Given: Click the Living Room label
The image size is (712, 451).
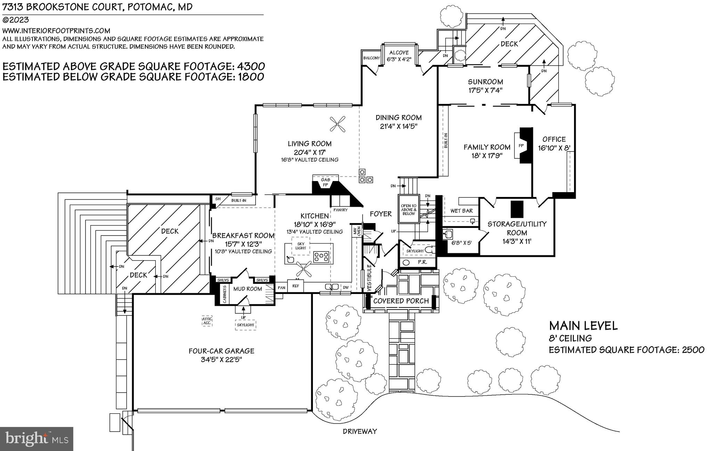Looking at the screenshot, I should point(309,143).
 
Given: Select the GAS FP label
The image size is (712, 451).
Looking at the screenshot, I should point(325,182).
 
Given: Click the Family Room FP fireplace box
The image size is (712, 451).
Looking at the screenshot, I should point(521,146).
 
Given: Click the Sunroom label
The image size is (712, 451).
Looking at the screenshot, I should point(485,82).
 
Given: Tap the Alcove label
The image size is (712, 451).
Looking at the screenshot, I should point(399,53).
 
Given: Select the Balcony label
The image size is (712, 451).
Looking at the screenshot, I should point(371,58).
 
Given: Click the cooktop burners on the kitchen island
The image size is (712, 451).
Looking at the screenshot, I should point(321,257).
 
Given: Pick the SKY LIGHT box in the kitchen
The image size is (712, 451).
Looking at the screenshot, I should point(301,246).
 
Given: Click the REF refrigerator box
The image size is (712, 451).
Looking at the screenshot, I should point(296,286).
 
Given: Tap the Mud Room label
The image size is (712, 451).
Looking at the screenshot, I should point(248,289).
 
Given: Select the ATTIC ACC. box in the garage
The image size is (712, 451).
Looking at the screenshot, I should point(207,321).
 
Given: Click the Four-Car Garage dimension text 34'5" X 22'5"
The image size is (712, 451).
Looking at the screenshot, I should point(221,360).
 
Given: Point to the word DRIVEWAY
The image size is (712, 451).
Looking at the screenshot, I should point(359,432).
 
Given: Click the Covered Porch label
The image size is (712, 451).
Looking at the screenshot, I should point(401,301).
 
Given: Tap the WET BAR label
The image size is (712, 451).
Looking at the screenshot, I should point(461,211).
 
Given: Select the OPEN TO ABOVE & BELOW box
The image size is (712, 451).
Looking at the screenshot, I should point(408,210).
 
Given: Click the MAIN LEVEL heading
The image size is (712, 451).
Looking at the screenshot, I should point(583,326).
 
